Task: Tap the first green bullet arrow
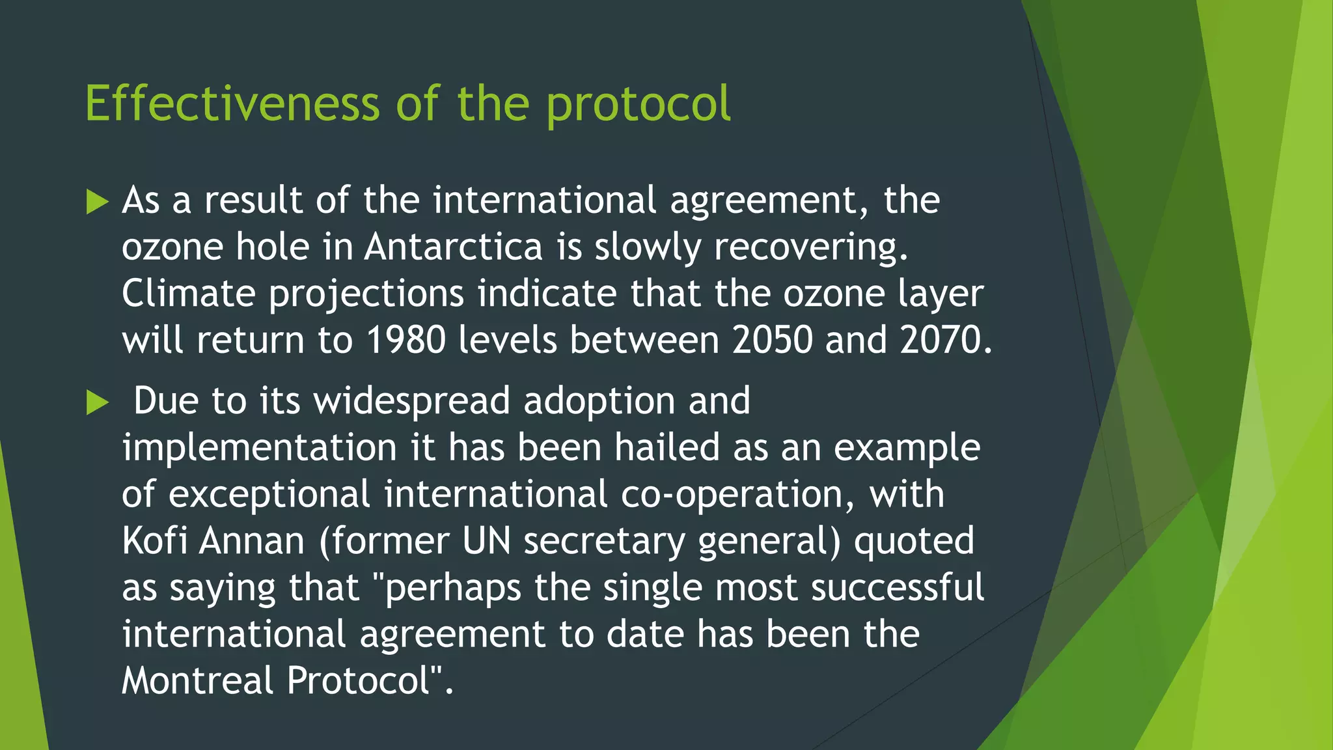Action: point(97,202)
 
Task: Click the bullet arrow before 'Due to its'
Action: point(97,403)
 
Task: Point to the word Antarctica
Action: point(453,247)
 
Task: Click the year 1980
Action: point(405,340)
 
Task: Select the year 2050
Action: point(772,340)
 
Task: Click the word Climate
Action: point(189,294)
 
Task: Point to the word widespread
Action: point(412,401)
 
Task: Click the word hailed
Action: point(667,448)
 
